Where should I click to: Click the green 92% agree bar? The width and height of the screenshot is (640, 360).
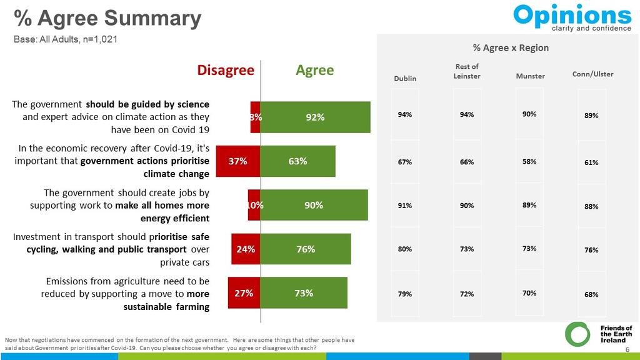point(315,117)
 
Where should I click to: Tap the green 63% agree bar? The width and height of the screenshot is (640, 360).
point(297,161)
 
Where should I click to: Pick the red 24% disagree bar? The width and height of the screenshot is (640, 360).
point(246,249)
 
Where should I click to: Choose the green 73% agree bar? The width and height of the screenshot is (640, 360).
point(303,292)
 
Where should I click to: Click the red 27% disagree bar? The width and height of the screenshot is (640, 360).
point(244,292)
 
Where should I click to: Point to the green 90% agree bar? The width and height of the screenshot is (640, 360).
point(314,205)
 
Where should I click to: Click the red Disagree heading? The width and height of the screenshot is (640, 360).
point(226,70)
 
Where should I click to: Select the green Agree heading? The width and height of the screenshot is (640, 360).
point(315,70)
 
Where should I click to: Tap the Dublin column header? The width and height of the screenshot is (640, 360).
point(405,78)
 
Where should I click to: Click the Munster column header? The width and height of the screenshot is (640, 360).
point(530,76)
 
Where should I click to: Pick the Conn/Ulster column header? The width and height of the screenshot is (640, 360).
point(592,74)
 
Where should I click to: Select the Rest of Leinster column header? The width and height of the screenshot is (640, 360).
point(467,71)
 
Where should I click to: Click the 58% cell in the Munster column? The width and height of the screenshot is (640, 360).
point(529,161)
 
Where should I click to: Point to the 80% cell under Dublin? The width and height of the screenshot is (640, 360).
point(405,249)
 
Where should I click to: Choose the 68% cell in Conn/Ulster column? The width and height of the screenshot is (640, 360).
point(591,294)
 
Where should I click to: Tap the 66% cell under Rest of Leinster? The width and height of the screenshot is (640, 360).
point(467,162)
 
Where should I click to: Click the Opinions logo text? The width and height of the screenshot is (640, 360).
point(572,15)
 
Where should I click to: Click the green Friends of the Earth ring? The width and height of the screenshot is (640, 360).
point(577,334)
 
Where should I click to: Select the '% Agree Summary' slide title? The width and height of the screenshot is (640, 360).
point(107,18)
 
